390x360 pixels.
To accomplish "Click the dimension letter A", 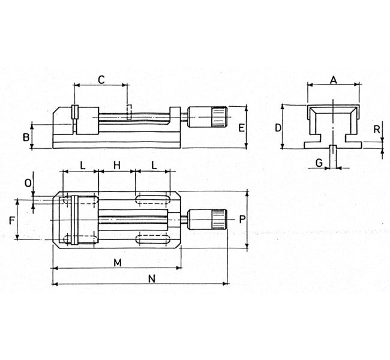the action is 334,80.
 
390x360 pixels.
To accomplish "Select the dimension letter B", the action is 26,137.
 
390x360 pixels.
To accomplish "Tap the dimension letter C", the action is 101,80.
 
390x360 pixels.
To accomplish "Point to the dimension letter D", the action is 278,128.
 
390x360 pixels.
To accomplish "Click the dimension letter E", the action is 241,128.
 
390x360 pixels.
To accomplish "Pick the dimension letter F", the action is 11,220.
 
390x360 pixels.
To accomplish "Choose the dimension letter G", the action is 319,163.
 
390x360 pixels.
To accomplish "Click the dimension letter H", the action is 116,165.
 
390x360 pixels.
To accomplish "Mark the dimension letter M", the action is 118,263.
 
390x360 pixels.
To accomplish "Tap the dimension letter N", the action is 152,279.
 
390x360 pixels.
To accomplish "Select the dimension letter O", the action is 28,183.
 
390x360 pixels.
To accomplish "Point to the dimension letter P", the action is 242,219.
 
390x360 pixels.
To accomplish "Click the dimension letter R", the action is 377,130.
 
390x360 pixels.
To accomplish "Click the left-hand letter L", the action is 83,165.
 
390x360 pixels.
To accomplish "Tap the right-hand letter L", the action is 154,165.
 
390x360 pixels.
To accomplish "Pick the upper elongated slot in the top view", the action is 153,199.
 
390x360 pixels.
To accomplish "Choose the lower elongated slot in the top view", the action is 153,239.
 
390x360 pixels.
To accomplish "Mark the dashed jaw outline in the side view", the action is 128,112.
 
